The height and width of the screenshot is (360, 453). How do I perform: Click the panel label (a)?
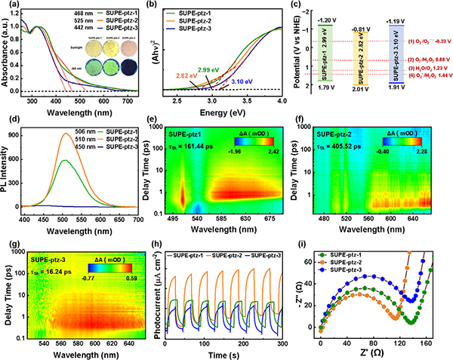8,6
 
